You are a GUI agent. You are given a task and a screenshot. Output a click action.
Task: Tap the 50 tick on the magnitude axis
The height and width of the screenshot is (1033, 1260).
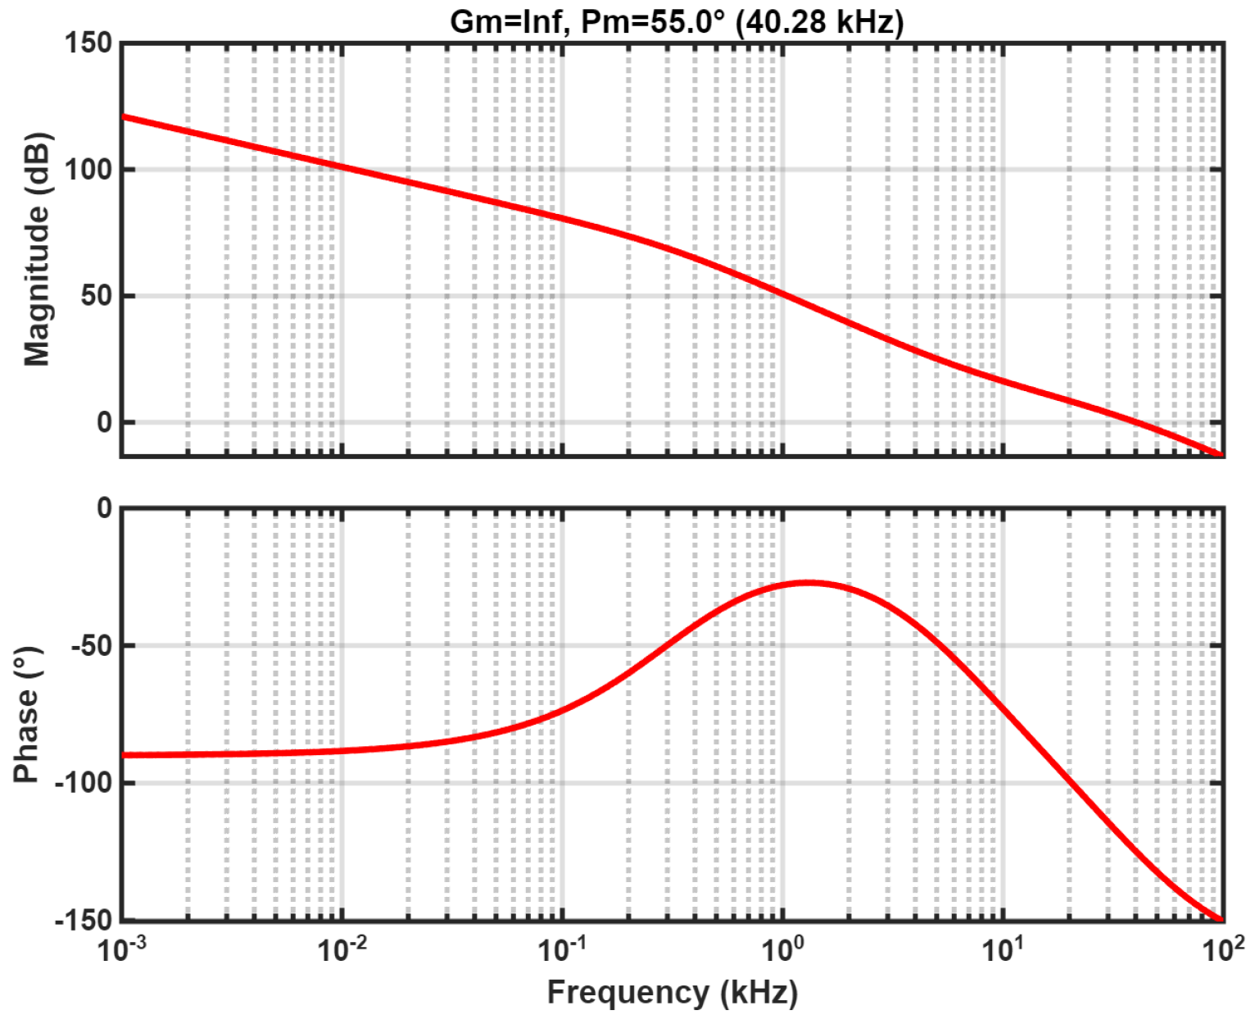96,296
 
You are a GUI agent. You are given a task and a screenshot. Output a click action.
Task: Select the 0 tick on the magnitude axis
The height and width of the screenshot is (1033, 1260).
104,423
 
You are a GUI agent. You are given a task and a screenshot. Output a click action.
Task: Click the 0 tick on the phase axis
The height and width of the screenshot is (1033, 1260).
104,508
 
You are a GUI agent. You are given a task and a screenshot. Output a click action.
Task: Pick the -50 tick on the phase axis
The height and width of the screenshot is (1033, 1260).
92,646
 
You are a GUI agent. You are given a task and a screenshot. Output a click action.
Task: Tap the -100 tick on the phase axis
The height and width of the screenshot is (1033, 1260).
84,783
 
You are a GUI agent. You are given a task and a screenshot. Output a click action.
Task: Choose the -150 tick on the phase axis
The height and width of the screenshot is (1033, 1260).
84,921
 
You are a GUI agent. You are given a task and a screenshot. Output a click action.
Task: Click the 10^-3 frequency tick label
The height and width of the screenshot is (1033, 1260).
123,950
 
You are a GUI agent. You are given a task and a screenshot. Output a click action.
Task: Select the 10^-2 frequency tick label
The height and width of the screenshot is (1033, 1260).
342,950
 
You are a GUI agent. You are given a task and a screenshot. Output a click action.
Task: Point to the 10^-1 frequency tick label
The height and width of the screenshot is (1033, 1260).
563,950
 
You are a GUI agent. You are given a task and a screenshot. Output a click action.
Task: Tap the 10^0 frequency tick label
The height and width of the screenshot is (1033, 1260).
783,950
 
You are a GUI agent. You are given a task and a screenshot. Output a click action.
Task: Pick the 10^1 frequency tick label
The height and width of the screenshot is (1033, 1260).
1004,950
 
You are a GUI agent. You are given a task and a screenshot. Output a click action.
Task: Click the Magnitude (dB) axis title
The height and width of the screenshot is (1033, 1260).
37,248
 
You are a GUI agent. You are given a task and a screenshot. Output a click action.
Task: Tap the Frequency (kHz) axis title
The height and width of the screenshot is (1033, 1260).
672,993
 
